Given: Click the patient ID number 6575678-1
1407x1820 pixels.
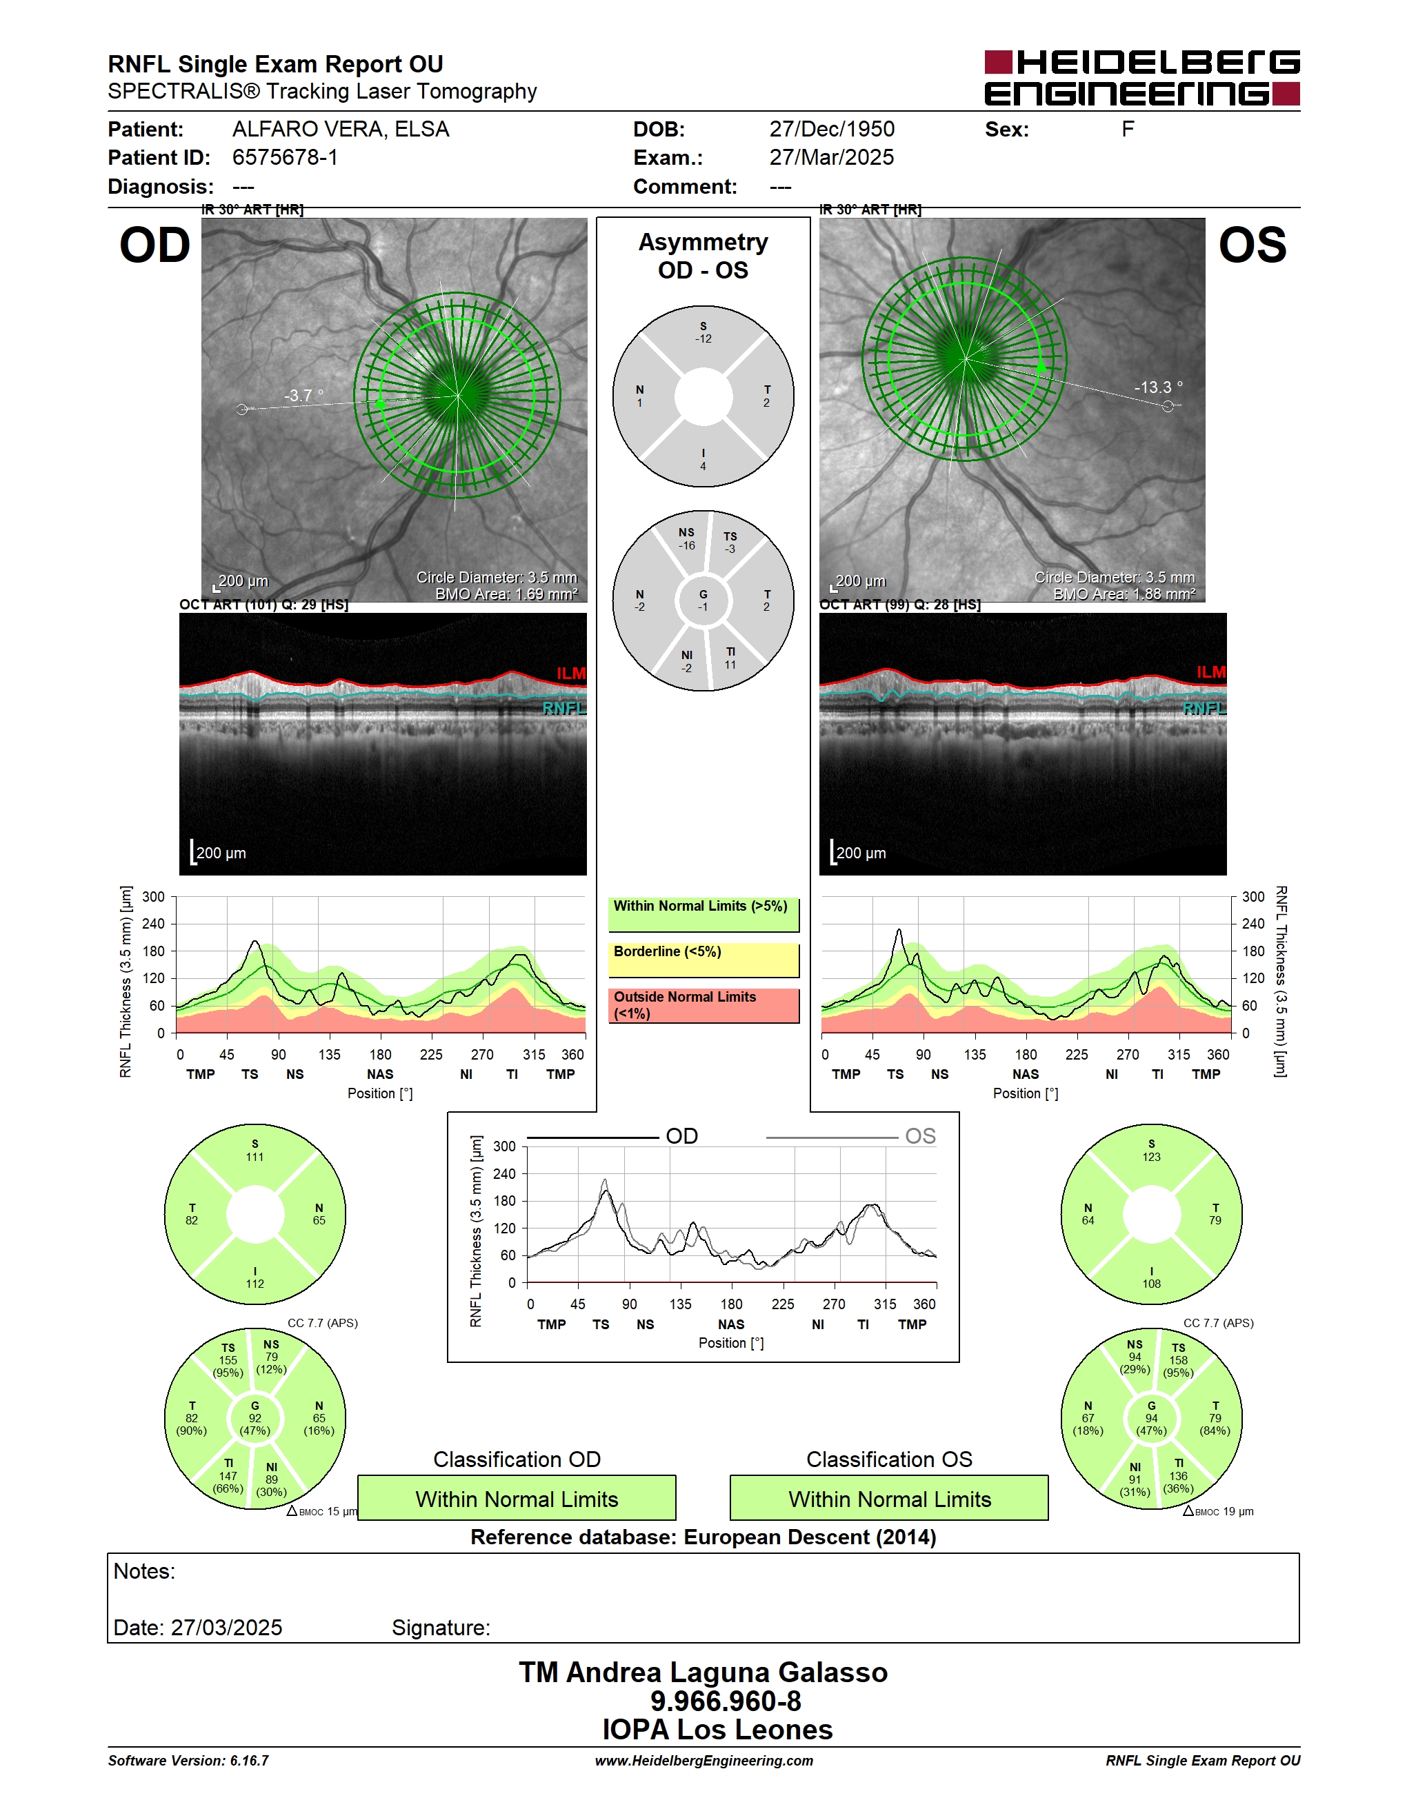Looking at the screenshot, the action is click(285, 157).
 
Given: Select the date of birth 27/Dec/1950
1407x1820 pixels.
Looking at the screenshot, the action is click(831, 129).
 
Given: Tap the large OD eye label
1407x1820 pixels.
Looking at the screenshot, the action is click(155, 246).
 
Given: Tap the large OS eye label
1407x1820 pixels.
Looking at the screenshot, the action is click(1252, 246).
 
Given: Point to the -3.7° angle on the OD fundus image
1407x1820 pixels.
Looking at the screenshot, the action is click(303, 395).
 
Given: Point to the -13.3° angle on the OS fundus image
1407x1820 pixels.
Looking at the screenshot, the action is click(1158, 387).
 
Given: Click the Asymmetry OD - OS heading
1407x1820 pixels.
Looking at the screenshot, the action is click(703, 256).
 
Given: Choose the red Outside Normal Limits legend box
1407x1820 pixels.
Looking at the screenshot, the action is click(703, 1006).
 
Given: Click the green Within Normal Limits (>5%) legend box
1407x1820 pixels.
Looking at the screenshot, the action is click(703, 915).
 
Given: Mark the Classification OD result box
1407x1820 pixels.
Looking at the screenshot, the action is click(517, 1498).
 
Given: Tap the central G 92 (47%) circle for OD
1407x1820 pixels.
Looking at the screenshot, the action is click(255, 1418).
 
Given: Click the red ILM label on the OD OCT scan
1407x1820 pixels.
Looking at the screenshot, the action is click(571, 674).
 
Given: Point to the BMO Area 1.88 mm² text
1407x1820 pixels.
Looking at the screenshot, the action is click(1124, 594).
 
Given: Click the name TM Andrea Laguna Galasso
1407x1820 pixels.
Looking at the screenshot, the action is click(703, 1672).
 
